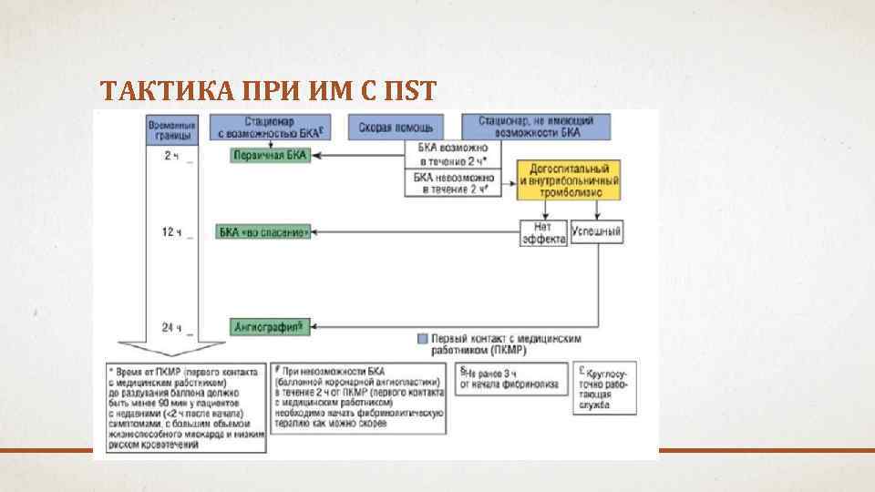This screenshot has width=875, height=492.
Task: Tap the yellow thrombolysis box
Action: tap(568, 180)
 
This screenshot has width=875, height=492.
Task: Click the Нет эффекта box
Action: tap(543, 234)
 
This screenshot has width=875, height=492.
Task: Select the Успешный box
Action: tap(597, 232)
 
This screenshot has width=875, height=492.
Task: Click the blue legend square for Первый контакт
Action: tap(421, 337)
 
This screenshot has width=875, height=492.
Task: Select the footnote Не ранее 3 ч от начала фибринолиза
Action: tap(513, 378)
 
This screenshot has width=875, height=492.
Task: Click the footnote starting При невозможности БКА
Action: tap(359, 398)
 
